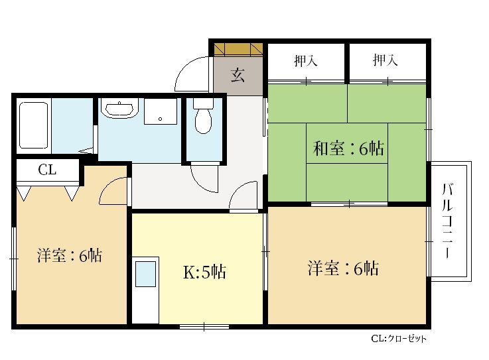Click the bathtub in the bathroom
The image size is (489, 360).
point(34,125)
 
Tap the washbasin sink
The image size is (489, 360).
point(119,109)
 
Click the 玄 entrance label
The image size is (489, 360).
point(238,74)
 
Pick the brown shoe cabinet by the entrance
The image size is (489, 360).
point(238,49)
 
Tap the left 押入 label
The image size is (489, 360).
point(305,61)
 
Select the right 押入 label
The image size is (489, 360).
point(385,61)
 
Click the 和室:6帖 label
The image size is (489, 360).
point(348,149)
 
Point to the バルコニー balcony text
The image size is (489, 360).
point(449,222)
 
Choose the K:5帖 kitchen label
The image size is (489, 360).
point(204,272)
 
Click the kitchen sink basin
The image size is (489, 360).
point(145,274)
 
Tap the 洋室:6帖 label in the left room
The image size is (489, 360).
point(70,255)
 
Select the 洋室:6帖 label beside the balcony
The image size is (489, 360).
point(342,269)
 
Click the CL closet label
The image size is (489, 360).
point(46,170)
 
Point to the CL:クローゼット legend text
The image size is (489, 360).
point(398,339)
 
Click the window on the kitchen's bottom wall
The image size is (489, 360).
point(204,326)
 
